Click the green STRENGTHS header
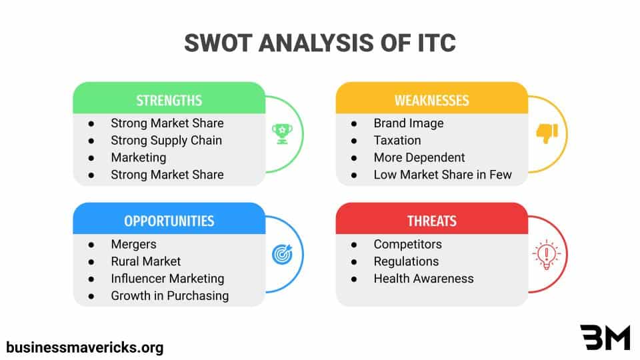tap(169, 100)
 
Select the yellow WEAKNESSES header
tap(431, 100)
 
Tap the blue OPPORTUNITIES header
tap(169, 221)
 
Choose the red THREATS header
tap(431, 221)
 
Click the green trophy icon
tap(279, 133)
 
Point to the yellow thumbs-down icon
tap(547, 133)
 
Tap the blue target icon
tap(279, 254)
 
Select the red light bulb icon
tap(547, 254)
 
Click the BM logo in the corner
tap(605, 338)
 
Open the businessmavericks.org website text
tap(85, 347)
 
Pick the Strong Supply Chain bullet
tap(166, 140)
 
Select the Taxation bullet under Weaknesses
tap(397, 140)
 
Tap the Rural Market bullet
tap(145, 261)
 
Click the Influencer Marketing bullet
tap(167, 279)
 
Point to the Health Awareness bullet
tap(423, 279)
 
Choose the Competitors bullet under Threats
tap(407, 244)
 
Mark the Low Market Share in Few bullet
tap(442, 175)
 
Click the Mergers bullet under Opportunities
tap(133, 244)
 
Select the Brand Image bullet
tap(408, 123)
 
